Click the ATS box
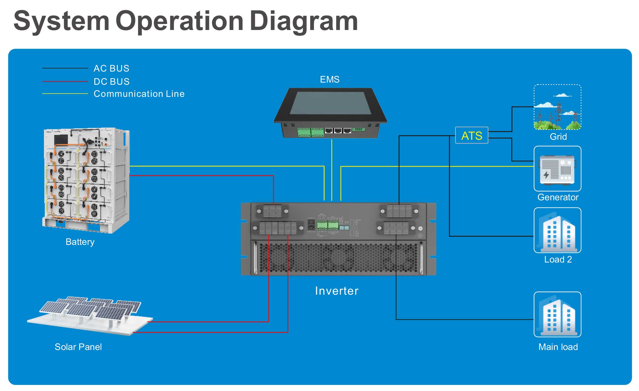point(471,135)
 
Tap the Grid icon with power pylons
point(557,107)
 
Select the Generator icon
point(557,169)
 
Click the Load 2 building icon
point(557,230)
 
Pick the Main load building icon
point(557,315)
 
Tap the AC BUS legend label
point(111,68)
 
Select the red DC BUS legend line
point(65,81)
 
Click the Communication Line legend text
point(139,94)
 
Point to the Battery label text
point(80,242)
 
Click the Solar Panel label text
point(78,347)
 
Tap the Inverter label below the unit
point(337,291)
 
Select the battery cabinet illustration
point(86,180)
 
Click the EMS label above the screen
point(330,80)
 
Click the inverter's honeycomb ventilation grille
point(338,258)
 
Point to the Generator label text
point(558,197)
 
